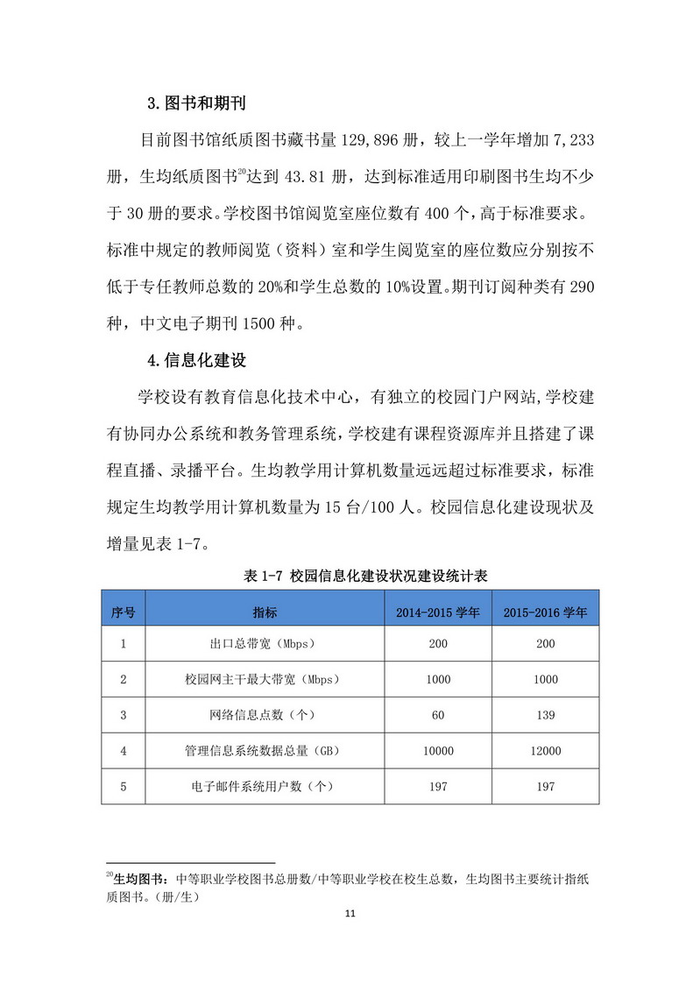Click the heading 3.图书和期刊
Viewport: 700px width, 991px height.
(x=195, y=103)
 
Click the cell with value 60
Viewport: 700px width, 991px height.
(x=438, y=715)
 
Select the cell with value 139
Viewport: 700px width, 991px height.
(x=545, y=715)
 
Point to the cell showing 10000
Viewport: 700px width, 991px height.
(x=438, y=751)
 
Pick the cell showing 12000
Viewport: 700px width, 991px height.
(x=545, y=751)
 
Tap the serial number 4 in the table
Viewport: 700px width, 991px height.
(x=124, y=751)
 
